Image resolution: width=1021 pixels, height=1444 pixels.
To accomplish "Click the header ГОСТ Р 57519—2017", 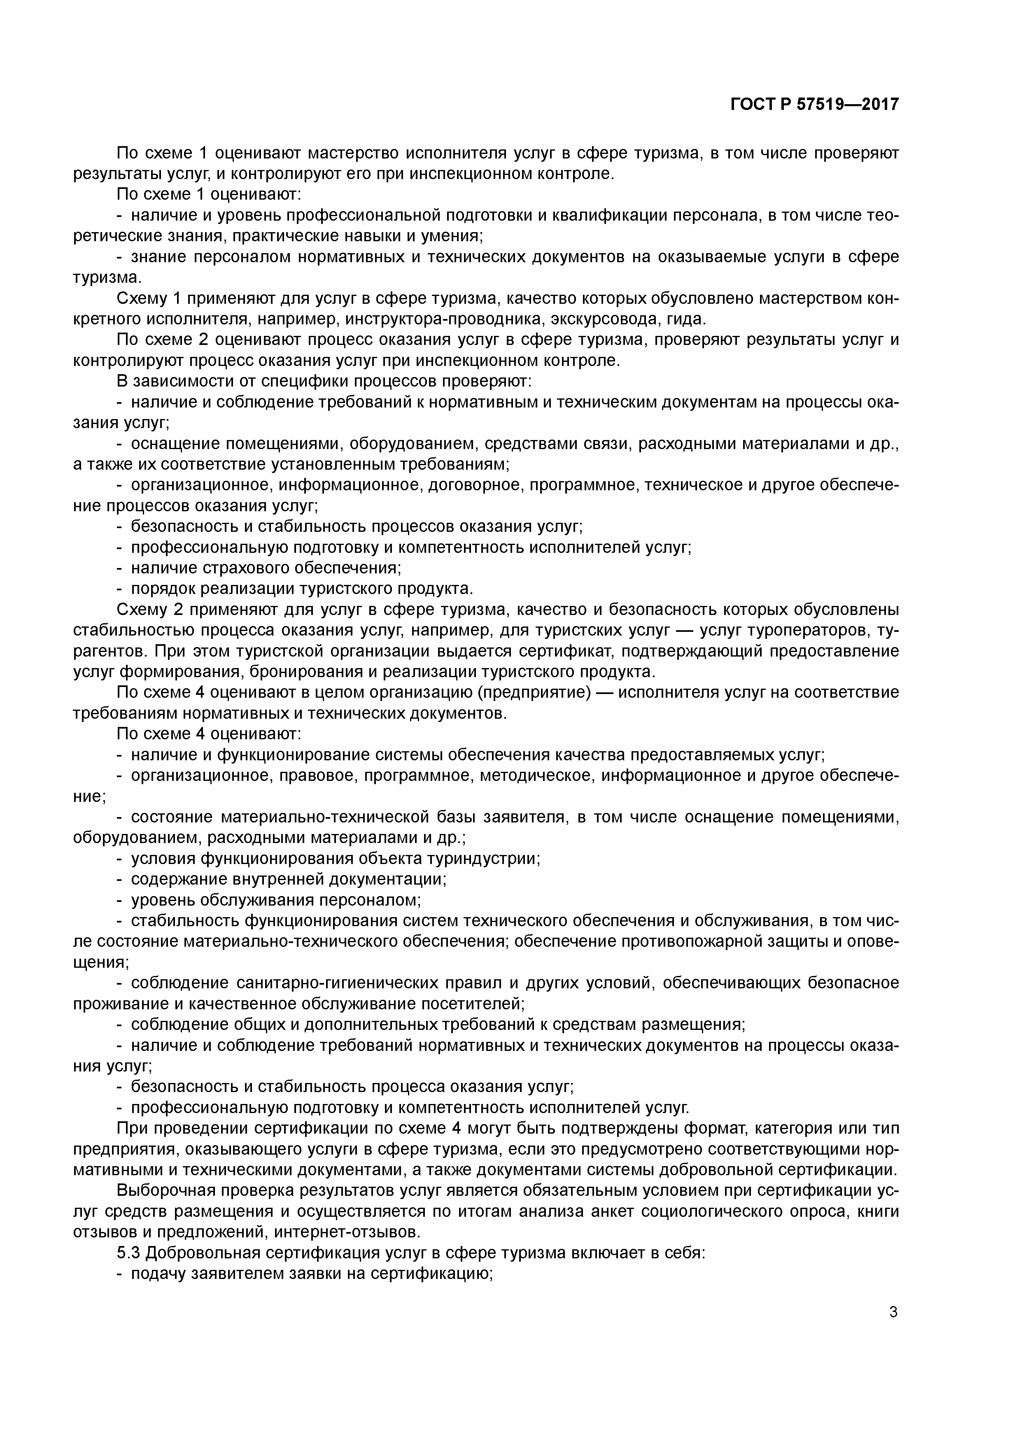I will [x=815, y=105].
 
